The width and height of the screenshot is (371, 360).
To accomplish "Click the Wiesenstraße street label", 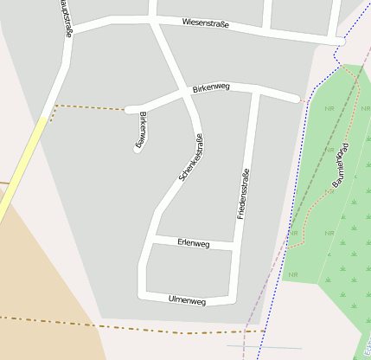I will coord(206,23).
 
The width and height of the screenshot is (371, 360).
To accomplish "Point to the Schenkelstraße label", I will coord(191,157).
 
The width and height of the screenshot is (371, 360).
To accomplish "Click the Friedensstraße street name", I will coord(243,193).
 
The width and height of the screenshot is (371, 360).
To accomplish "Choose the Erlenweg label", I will coord(194,244).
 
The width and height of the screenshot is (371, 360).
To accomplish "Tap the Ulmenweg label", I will coord(188,301).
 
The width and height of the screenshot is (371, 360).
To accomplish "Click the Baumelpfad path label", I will coord(340,164).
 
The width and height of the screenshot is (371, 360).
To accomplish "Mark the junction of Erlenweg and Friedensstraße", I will coord(235,248).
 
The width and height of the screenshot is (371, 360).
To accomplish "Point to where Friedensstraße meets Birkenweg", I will coord(256,89).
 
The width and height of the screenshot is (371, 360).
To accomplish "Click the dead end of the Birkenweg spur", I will coord(138,149).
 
